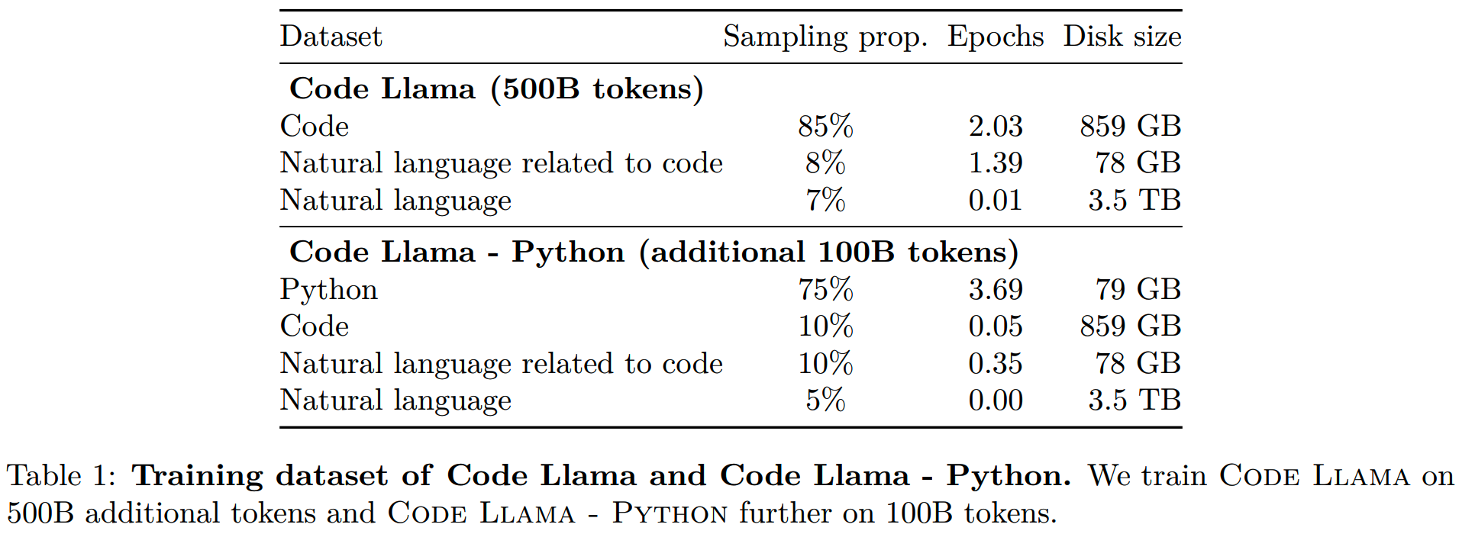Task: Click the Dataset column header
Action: [x=331, y=37]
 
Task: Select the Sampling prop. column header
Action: [x=825, y=37]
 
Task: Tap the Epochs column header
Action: [x=996, y=37]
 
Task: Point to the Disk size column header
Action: [x=1122, y=37]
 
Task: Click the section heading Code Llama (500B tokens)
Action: [x=496, y=88]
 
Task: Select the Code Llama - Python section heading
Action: [x=654, y=252]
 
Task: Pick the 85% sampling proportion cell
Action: [x=825, y=126]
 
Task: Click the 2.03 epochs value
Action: [x=996, y=126]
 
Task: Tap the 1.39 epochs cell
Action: [x=996, y=162]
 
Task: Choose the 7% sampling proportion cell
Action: [x=825, y=200]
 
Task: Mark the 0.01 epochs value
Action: [x=996, y=200]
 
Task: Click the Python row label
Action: [x=329, y=289]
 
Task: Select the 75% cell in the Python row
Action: [x=825, y=289]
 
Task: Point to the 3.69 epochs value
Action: [x=996, y=289]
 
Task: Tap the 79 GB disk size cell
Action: [x=1138, y=289]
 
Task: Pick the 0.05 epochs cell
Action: [x=996, y=326]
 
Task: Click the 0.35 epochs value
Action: [x=996, y=363]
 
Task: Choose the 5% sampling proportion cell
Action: [x=825, y=400]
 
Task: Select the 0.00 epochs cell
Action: [x=996, y=400]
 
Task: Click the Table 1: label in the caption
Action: [x=61, y=476]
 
